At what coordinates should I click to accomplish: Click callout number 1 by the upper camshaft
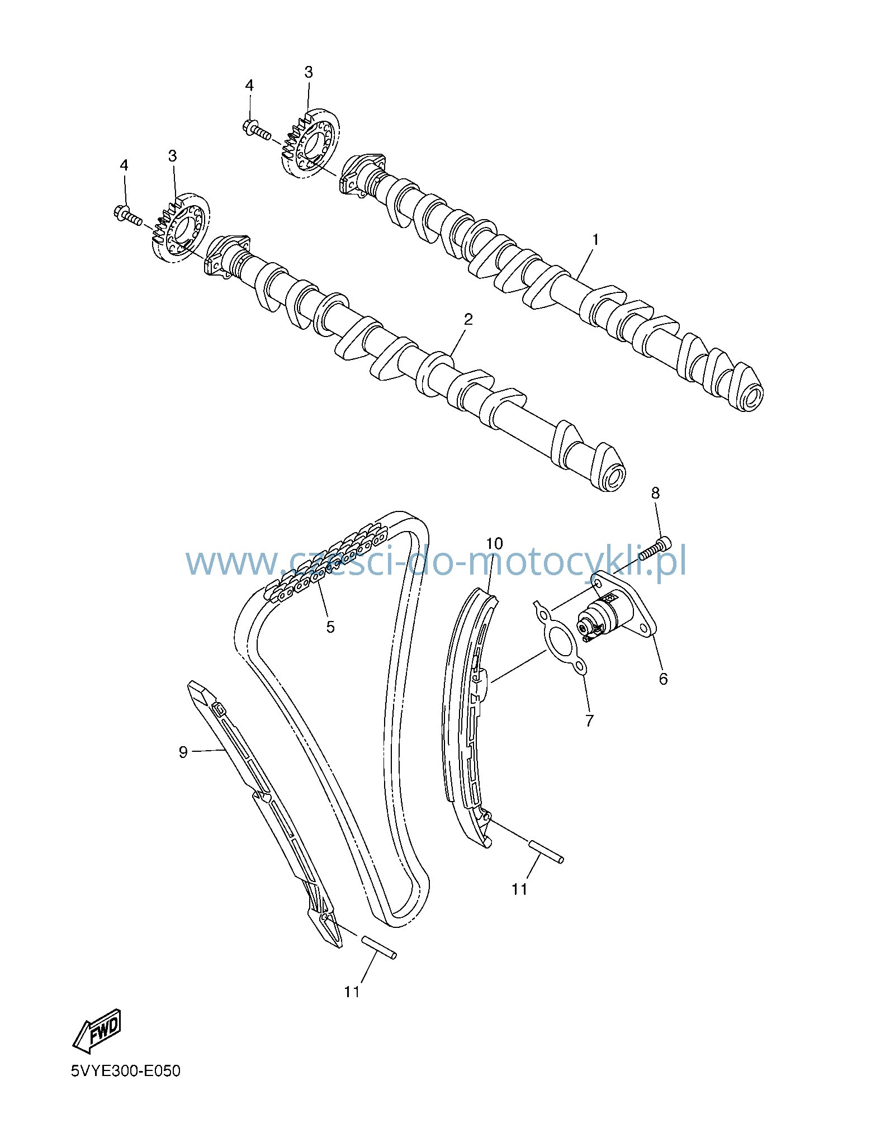595,240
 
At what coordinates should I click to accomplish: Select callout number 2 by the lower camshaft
468,319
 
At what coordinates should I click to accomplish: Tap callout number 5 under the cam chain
330,627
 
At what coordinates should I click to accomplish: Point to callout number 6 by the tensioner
663,679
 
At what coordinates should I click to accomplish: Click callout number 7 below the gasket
589,721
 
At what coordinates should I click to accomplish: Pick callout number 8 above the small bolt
655,493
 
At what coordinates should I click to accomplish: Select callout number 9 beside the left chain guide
183,752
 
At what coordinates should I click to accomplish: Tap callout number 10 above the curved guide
494,543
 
